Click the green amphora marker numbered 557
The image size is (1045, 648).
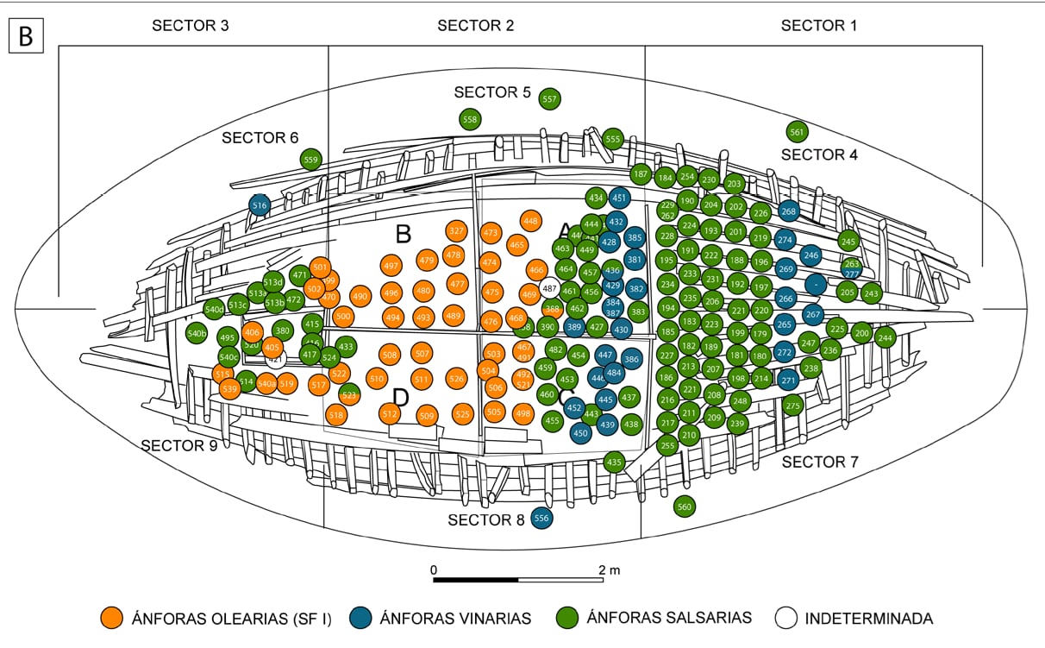pos(549,99)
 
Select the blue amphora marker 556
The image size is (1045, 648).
pos(541,518)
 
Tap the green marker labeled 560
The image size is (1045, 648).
pos(685,506)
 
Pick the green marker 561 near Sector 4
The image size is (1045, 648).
pos(797,132)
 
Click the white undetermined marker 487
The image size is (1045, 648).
pos(549,286)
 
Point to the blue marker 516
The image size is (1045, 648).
pos(260,204)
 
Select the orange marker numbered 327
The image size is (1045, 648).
pos(457,231)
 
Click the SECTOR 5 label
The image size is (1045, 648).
pos(491,92)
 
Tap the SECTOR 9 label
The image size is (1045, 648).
pos(178,445)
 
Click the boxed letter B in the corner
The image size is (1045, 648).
pos(25,37)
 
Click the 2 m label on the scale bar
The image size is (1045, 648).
pos(608,569)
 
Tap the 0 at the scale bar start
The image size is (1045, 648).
pos(434,569)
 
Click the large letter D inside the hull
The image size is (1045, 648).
pos(400,397)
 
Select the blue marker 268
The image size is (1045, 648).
pos(788,211)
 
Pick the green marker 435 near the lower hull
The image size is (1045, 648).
pos(613,462)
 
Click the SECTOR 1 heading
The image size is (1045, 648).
pos(818,25)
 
